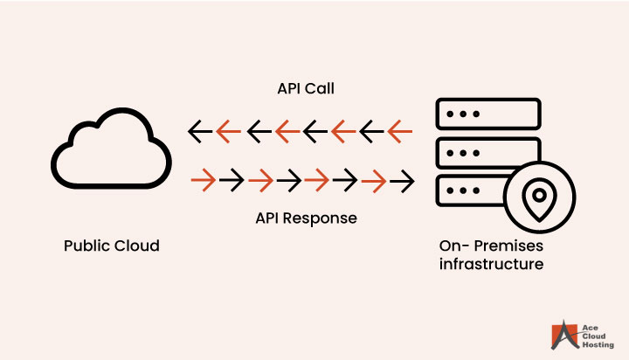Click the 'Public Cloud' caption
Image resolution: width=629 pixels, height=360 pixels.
coord(112,246)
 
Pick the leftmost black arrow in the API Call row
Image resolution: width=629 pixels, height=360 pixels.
coord(201,132)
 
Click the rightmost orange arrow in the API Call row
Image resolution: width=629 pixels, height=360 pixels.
coord(400,132)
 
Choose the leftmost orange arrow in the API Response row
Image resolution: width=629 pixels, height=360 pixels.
coord(203,182)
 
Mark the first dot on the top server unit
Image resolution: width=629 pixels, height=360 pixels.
coord(450,114)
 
